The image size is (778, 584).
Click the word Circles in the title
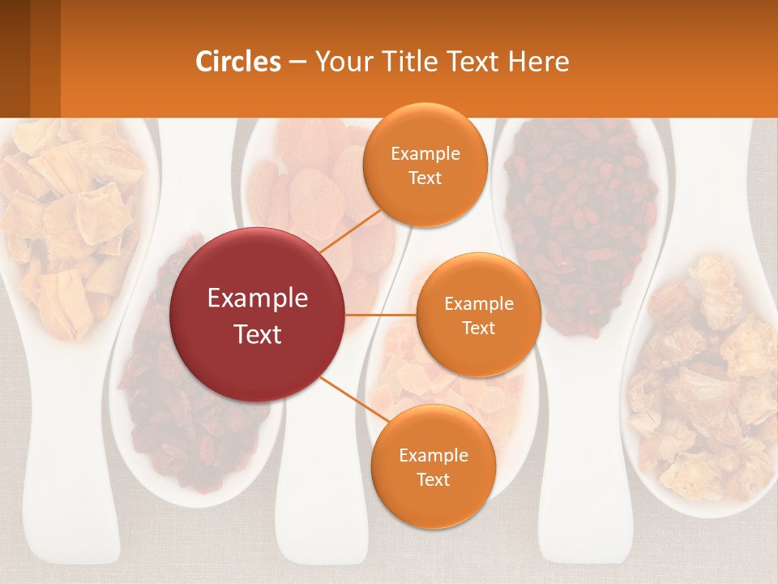click(238, 62)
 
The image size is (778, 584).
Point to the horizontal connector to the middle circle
click(381, 315)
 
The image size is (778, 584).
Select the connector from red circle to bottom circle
click(348, 397)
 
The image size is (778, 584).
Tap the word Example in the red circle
click(258, 298)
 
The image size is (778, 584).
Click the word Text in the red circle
click(258, 334)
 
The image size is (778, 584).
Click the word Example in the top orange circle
click(425, 153)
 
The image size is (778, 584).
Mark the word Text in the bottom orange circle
click(433, 479)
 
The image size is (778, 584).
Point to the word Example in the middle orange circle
click(478, 303)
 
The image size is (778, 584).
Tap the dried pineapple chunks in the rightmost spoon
click(705, 381)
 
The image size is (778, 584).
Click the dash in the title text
click(297, 62)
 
